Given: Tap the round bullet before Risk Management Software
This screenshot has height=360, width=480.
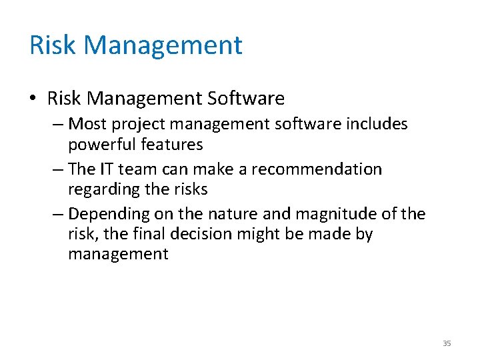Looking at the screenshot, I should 33,99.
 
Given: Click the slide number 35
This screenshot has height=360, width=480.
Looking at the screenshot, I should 447,343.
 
